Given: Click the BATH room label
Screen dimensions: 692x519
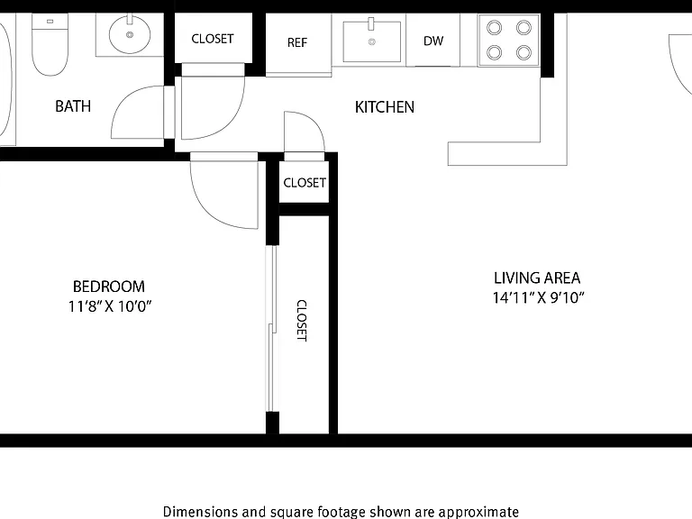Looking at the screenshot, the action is point(73,106).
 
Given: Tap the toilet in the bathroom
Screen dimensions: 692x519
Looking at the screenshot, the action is point(50,44).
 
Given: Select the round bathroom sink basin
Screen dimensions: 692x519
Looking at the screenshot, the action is point(130,34).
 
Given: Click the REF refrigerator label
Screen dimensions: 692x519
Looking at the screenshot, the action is point(297,42).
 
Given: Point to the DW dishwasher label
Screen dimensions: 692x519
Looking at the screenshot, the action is point(432,41).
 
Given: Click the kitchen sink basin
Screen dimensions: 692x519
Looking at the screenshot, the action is point(372,41).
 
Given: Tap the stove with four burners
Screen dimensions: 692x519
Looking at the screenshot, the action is point(509,41).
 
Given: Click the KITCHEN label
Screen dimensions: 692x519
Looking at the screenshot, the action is point(385,107).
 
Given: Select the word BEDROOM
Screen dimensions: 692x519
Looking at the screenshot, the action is point(108,287).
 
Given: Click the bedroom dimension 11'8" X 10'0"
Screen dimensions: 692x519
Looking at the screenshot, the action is point(109,305).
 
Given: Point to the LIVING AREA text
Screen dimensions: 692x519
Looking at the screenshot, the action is point(537,278).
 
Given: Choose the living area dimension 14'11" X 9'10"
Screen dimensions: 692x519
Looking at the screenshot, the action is point(539,297).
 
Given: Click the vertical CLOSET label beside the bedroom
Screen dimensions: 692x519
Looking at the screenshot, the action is point(302,321).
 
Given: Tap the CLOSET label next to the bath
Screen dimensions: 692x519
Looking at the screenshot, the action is point(213,39).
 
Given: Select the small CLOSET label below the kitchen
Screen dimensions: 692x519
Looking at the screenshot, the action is point(305,183).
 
